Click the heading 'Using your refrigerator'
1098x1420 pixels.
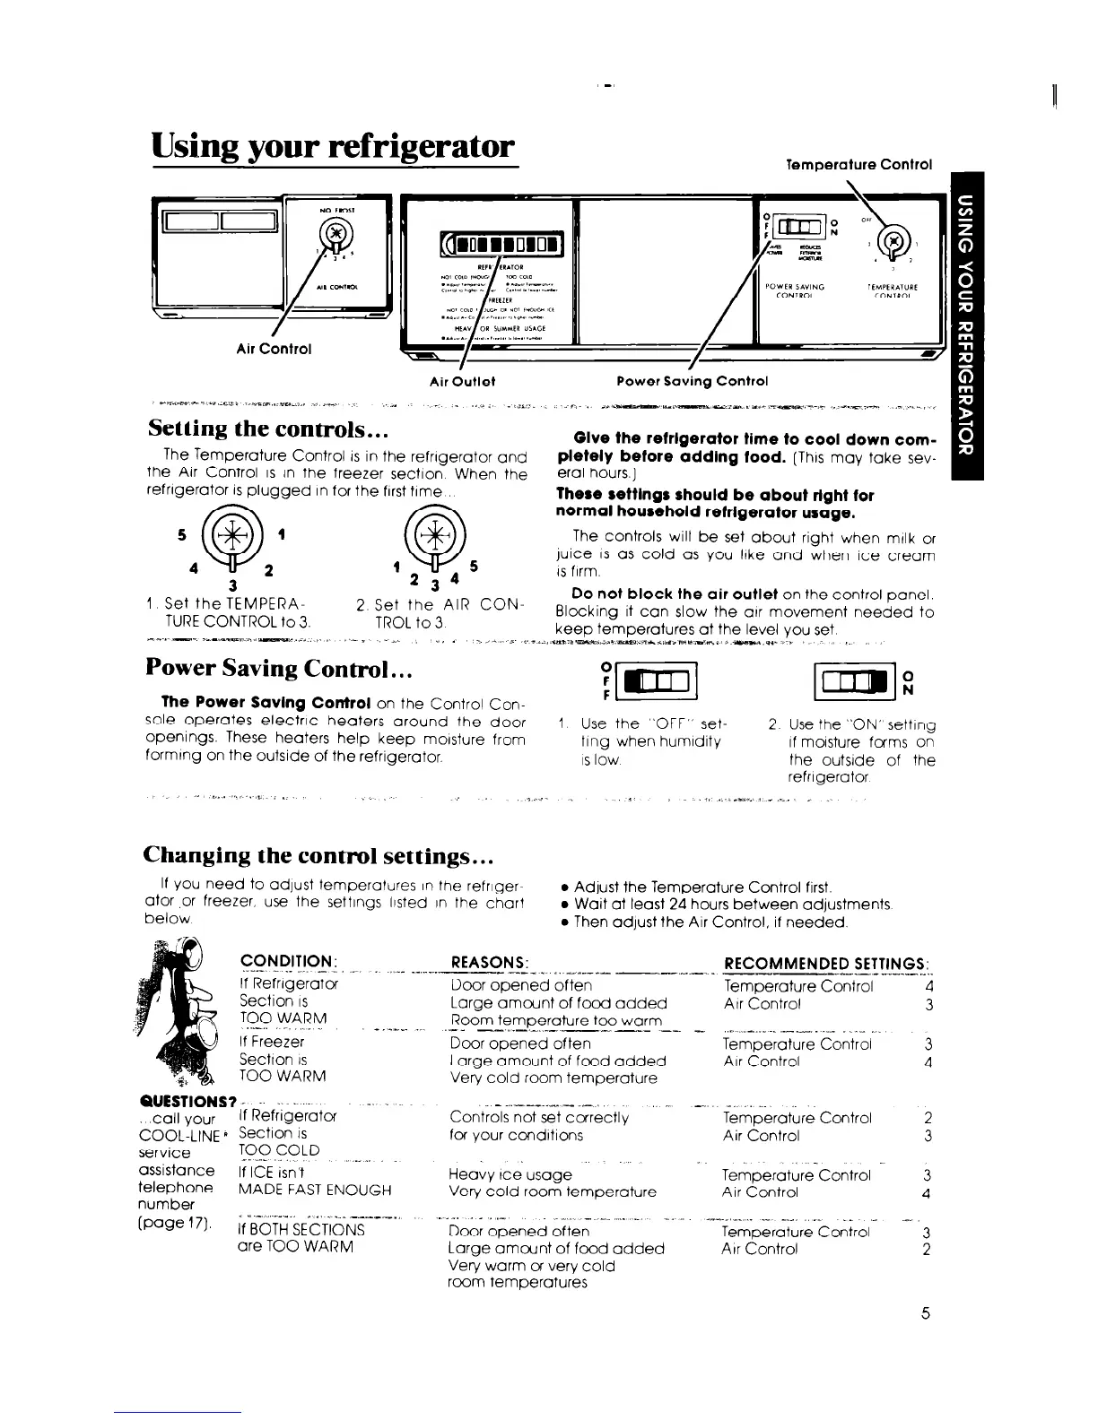pyautogui.click(x=335, y=147)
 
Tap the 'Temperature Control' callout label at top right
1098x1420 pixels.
pyautogui.click(x=858, y=165)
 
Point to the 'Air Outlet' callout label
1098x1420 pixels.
pyautogui.click(x=463, y=381)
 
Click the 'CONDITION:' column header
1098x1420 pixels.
pyautogui.click(x=287, y=962)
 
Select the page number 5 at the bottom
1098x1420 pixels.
pyautogui.click(x=926, y=1313)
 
